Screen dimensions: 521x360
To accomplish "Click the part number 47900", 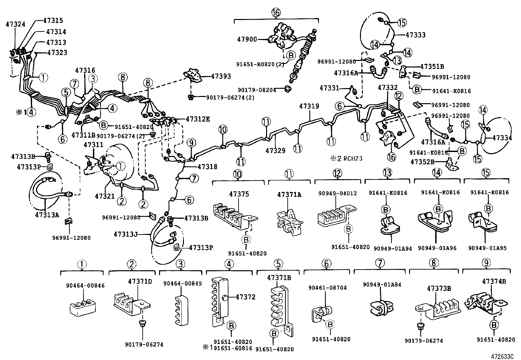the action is [x=247, y=39].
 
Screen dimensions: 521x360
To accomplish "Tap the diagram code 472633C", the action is [x=502, y=356].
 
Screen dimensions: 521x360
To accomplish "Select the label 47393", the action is [x=221, y=76].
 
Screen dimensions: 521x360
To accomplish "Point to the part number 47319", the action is [x=309, y=106].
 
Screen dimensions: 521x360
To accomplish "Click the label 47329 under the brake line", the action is [x=275, y=150].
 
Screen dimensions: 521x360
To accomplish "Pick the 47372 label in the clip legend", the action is [x=246, y=297].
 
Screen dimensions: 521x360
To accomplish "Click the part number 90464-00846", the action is [x=85, y=286].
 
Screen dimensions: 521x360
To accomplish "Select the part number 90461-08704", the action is [x=328, y=288].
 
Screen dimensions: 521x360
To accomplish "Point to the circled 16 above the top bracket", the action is [x=276, y=12].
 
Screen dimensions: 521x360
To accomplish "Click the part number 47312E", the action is [x=198, y=119].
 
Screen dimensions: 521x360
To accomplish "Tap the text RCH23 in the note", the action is [x=353, y=159].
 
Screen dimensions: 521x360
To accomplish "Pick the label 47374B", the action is [x=494, y=281].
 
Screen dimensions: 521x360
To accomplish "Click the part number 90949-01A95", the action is [x=488, y=248].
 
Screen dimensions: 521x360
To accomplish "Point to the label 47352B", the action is [x=422, y=161].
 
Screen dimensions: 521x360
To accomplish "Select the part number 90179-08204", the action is [x=257, y=90].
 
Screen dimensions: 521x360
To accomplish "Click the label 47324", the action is [x=16, y=24].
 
